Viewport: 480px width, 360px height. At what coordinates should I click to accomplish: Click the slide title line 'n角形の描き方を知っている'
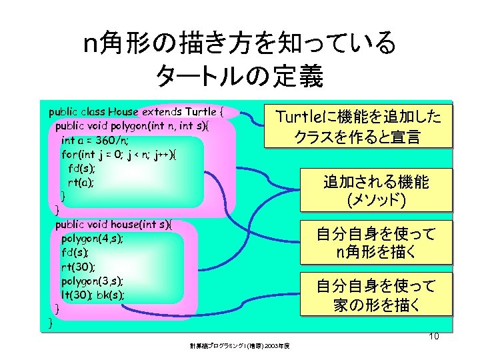[x=239, y=45]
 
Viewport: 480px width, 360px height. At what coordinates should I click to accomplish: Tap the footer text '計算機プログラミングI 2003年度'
[x=243, y=345]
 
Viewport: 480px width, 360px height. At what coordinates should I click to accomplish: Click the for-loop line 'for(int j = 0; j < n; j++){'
[x=119, y=153]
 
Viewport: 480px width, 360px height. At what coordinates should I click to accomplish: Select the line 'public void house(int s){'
[x=113, y=223]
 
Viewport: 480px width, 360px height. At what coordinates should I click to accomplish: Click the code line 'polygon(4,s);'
[x=92, y=238]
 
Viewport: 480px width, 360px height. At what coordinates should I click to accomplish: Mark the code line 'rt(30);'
[x=78, y=266]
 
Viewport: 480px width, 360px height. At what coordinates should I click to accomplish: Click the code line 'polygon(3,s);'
[x=92, y=280]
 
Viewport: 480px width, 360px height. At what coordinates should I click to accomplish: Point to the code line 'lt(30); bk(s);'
[x=93, y=294]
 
